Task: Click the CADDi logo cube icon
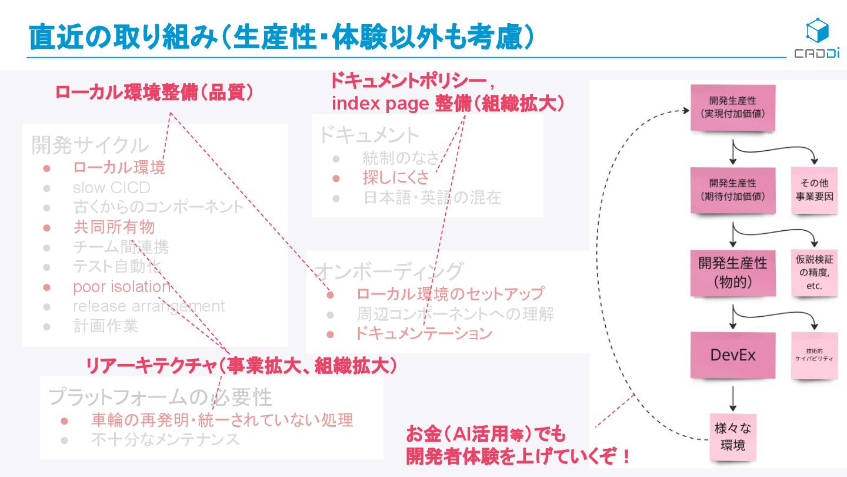tap(817, 31)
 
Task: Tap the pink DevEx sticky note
tap(732, 355)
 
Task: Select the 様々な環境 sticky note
tap(732, 436)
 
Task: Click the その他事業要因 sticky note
tap(815, 190)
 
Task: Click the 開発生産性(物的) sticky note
tap(732, 272)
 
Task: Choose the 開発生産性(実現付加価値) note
tap(732, 108)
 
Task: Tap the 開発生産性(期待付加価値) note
tap(732, 190)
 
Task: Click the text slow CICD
tap(112, 188)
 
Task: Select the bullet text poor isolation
tap(122, 287)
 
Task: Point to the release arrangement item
tap(149, 306)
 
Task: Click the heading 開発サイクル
tap(90, 144)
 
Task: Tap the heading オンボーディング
tap(389, 271)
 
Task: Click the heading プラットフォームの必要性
tap(160, 397)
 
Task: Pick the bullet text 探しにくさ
tap(396, 177)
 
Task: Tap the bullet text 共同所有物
tap(114, 227)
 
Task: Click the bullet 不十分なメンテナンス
tap(165, 439)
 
